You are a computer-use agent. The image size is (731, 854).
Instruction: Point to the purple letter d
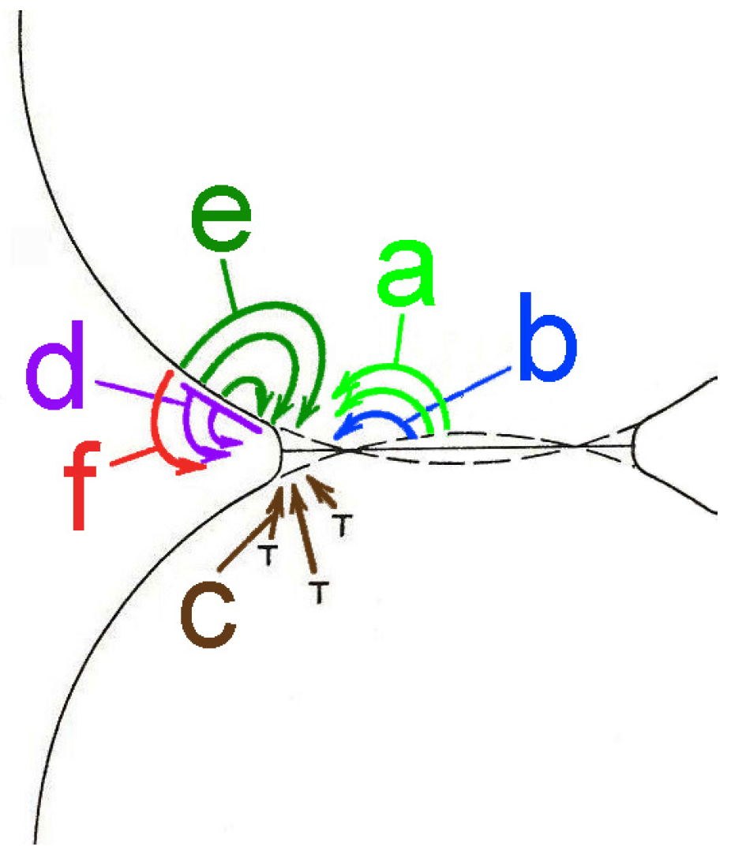pos(55,377)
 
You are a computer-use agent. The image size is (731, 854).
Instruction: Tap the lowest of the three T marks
pos(317,593)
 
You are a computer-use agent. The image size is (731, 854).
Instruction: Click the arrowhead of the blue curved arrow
pos(339,433)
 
